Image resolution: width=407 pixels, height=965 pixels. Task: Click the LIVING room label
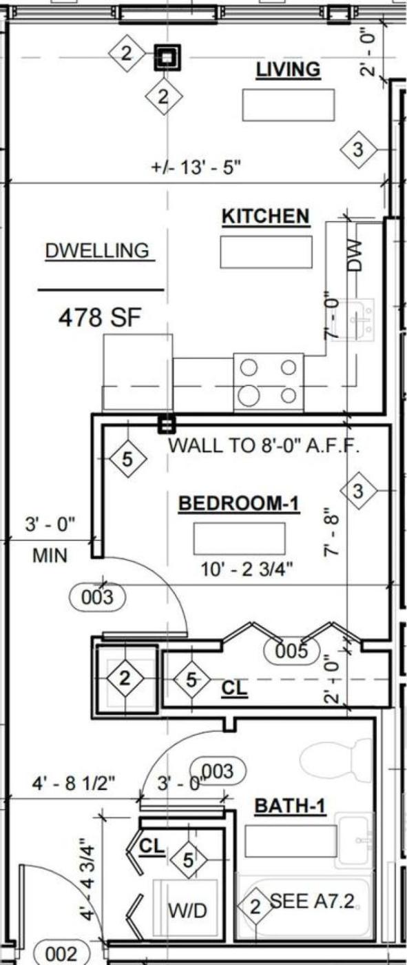pos(289,70)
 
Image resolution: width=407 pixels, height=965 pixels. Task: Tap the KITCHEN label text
pos(265,216)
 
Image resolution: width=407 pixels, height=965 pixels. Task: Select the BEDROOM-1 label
pos(239,503)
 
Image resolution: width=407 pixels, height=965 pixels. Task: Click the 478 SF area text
pos(100,318)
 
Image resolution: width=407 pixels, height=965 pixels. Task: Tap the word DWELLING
pos(97,251)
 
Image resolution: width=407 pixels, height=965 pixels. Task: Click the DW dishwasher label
pos(355,255)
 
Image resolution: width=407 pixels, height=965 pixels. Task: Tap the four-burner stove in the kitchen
pos(269,382)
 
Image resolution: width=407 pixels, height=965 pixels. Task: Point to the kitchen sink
pos(356,320)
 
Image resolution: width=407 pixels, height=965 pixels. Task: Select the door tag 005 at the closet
pos(292,650)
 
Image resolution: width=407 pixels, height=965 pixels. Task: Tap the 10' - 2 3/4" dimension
pos(247,569)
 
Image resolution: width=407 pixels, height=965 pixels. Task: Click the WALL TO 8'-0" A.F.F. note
pos(264,445)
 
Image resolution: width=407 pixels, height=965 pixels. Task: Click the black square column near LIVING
pos(167,57)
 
